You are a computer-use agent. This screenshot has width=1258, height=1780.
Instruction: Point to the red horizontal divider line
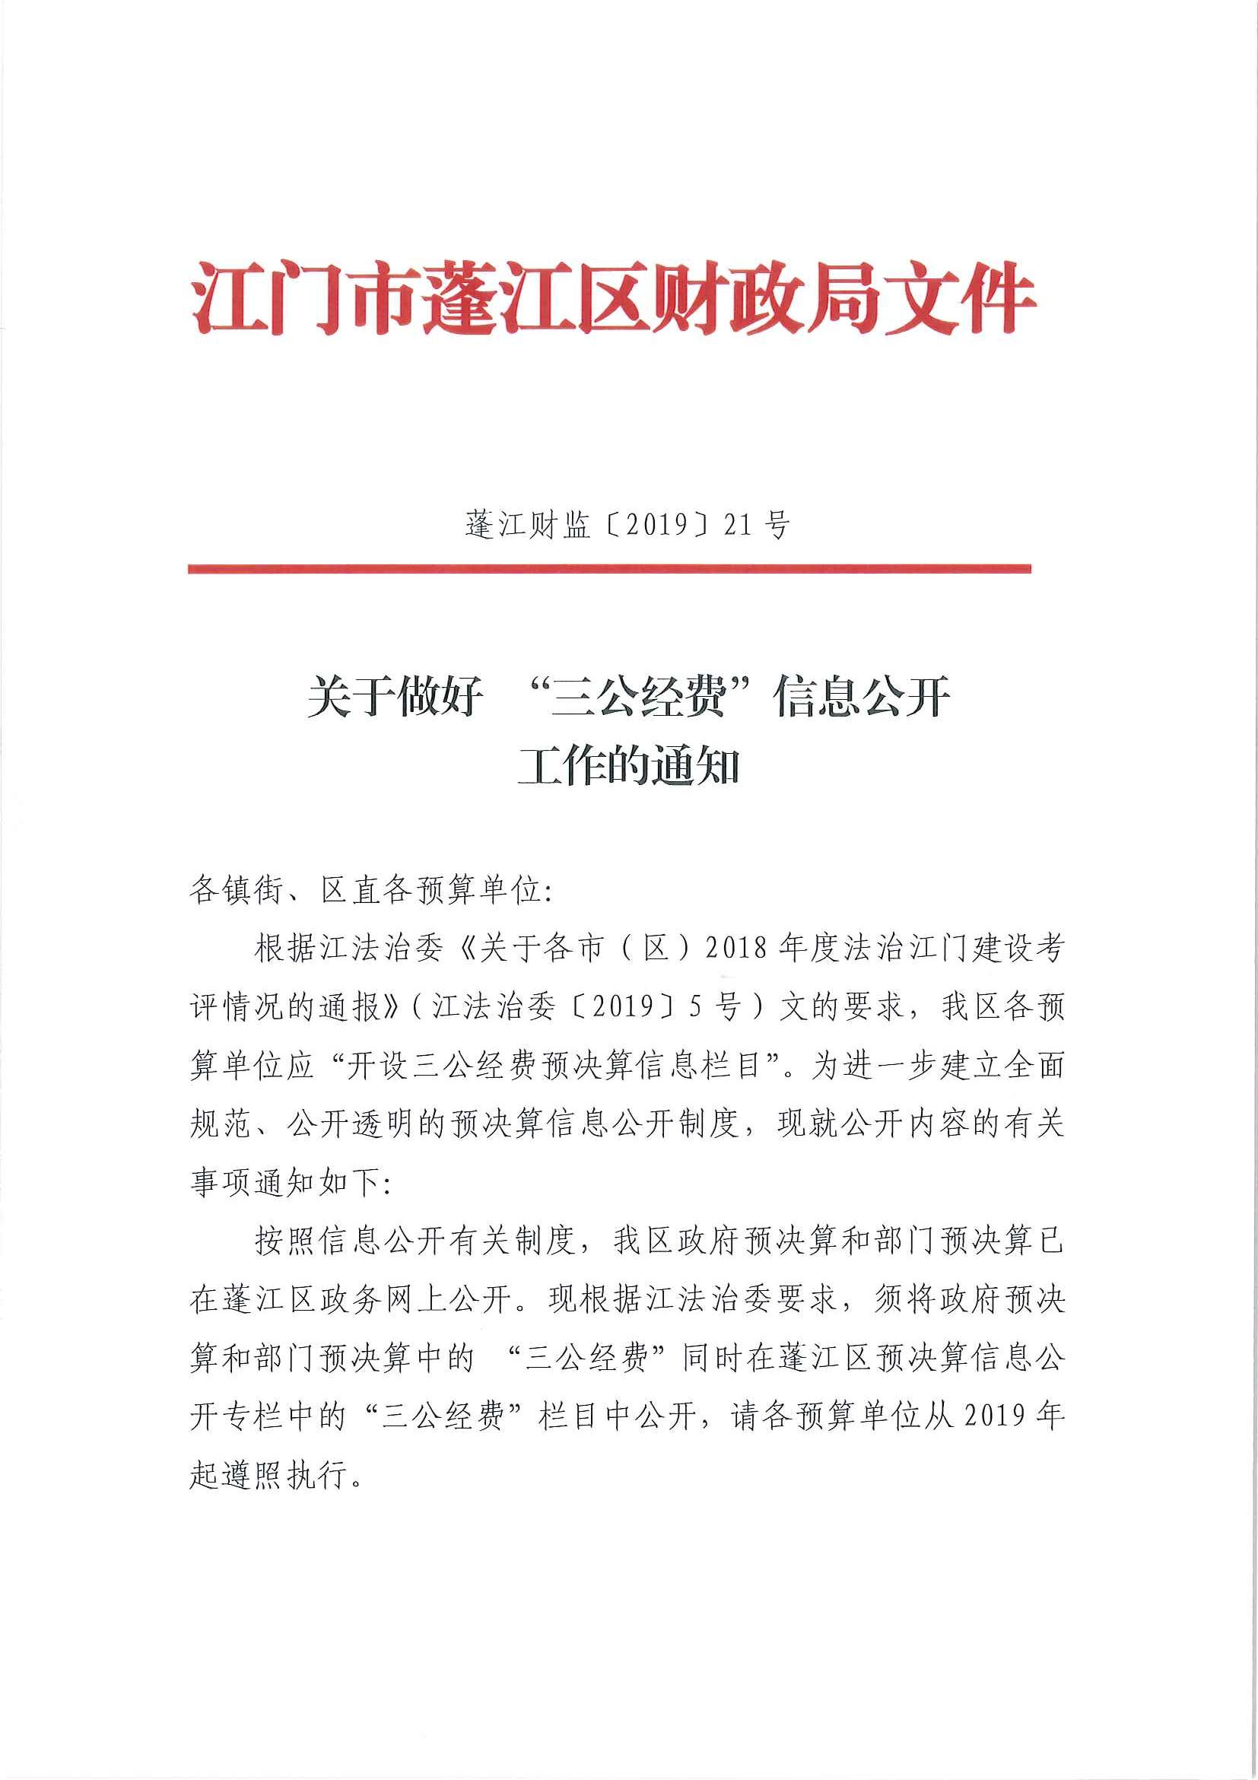point(609,569)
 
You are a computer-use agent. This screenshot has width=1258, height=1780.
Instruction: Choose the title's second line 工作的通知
point(628,767)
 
